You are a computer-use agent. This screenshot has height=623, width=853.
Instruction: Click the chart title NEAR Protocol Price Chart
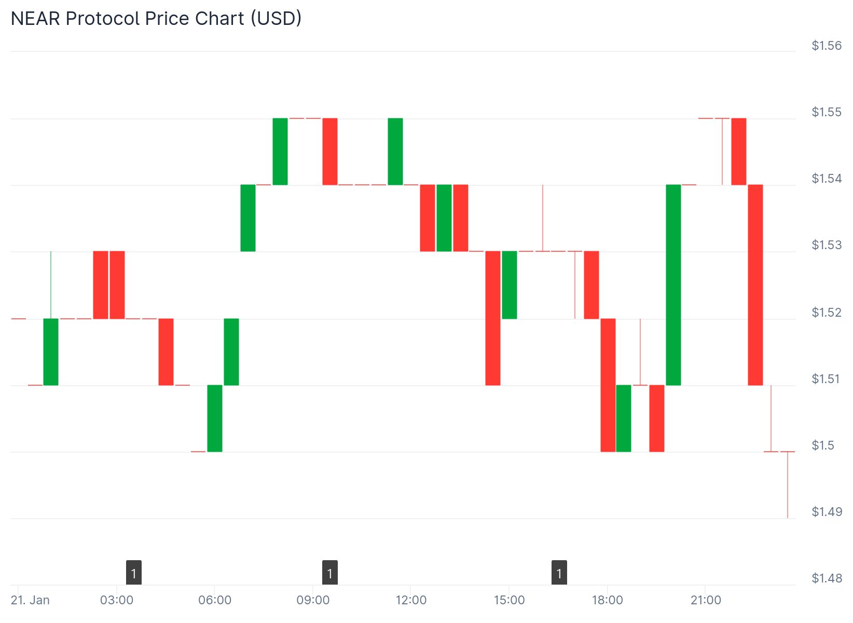click(156, 19)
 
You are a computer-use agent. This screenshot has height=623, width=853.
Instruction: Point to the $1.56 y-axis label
click(827, 46)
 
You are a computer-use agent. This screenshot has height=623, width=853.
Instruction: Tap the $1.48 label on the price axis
click(827, 578)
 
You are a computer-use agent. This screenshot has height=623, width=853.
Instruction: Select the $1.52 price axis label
click(827, 312)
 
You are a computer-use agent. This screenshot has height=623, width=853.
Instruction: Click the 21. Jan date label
click(30, 600)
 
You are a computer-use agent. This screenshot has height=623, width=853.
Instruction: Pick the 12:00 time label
click(411, 600)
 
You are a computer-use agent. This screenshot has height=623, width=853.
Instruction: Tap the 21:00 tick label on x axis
click(706, 600)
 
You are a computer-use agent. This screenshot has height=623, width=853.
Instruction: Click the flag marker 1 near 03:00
click(134, 573)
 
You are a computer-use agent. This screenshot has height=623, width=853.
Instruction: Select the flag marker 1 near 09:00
click(330, 573)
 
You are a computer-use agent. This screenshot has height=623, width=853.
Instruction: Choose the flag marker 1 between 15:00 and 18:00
click(559, 573)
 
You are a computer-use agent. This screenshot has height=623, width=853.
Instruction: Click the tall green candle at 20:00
click(673, 285)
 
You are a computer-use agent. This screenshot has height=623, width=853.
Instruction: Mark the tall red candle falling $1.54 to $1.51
click(755, 285)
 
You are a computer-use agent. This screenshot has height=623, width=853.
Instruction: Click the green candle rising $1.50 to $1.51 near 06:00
click(215, 418)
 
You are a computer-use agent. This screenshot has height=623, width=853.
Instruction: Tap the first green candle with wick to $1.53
click(51, 351)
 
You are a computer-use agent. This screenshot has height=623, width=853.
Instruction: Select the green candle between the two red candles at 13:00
click(444, 218)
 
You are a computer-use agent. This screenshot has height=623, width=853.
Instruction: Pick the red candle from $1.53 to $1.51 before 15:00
click(493, 318)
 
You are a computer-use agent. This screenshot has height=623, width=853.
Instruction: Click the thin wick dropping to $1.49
click(788, 485)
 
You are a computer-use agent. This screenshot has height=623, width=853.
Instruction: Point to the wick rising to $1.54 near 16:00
click(543, 218)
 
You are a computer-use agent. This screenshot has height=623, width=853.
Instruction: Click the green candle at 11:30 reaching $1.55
click(395, 152)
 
